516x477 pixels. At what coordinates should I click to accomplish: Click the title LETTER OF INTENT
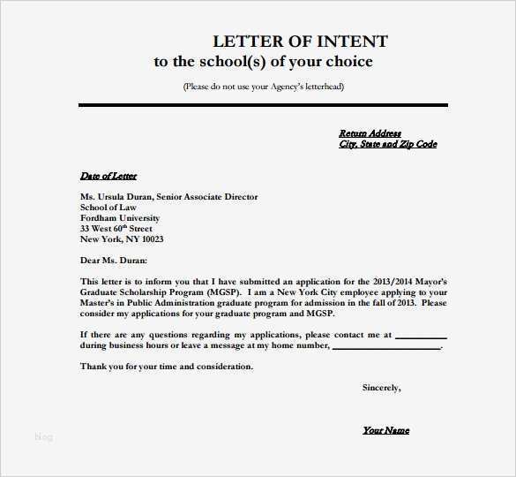[300, 42]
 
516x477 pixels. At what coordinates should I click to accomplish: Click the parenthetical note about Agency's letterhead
[263, 87]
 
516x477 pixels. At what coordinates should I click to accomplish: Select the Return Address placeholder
[370, 133]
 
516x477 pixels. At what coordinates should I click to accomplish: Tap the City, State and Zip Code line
[387, 144]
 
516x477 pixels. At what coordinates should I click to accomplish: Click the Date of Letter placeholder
[108, 176]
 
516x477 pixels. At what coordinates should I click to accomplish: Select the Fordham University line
[120, 218]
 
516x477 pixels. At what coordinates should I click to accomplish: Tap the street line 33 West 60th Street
[116, 229]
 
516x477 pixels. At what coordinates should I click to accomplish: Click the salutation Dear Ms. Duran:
[114, 261]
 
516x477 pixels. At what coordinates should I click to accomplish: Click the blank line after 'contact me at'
[421, 337]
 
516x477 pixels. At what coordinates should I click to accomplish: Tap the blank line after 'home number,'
[385, 347]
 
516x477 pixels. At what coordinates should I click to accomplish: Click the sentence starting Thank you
[167, 367]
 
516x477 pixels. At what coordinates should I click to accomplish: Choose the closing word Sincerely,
[381, 388]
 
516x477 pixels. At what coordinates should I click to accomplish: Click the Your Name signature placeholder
[385, 430]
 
